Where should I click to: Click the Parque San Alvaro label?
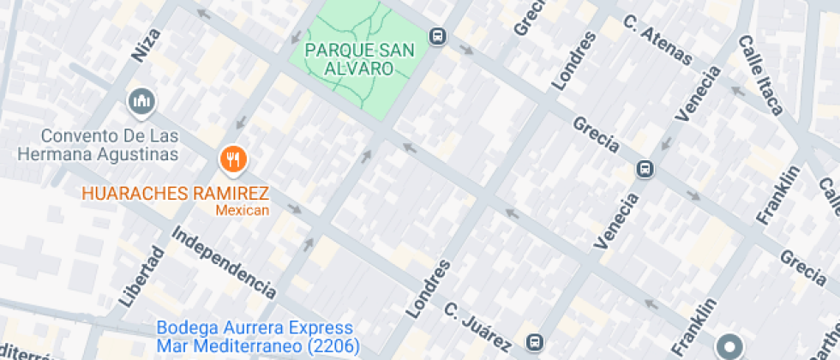pos(360,58)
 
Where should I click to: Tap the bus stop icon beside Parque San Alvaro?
pos(438,36)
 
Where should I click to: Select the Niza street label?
pos(147,45)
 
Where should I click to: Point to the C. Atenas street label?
pos(657,40)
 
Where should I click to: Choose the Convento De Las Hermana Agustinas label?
pos(98,145)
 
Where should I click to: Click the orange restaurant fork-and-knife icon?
pos(232,158)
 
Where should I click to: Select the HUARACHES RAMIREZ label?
pos(176,193)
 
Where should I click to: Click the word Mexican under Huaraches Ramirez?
pos(242,210)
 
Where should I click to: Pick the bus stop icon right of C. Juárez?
pos(534,342)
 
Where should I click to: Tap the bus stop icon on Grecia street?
pos(645,170)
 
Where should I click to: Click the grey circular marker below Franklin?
pos(730,345)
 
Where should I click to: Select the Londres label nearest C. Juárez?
pos(431,287)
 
